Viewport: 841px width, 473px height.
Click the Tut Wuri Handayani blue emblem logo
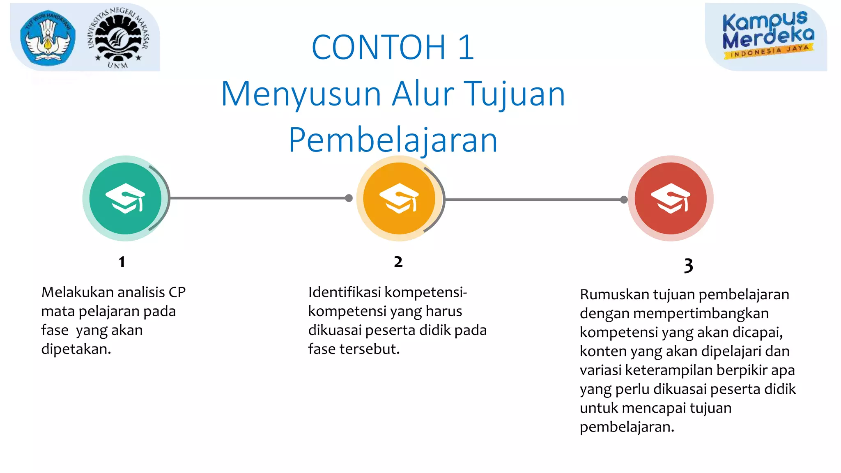click(x=48, y=38)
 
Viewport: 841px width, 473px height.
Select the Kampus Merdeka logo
click(x=767, y=35)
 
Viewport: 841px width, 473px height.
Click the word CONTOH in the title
click(x=378, y=48)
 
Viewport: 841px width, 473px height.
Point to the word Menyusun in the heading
click(x=301, y=94)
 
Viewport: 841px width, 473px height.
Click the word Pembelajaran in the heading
click(x=393, y=140)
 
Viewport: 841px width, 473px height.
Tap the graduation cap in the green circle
click(x=125, y=198)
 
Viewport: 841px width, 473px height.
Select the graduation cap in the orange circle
click(x=399, y=198)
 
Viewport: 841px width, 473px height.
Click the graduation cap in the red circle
click(x=671, y=198)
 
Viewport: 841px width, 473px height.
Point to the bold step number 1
click(x=122, y=262)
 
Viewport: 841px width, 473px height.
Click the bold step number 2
click(x=398, y=262)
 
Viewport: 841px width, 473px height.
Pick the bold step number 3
click(x=688, y=266)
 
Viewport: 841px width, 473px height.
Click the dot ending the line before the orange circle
click(x=349, y=198)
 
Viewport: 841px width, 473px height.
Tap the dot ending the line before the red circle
click(x=624, y=200)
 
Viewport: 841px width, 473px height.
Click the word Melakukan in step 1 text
click(x=77, y=292)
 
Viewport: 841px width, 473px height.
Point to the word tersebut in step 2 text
click(x=371, y=349)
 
